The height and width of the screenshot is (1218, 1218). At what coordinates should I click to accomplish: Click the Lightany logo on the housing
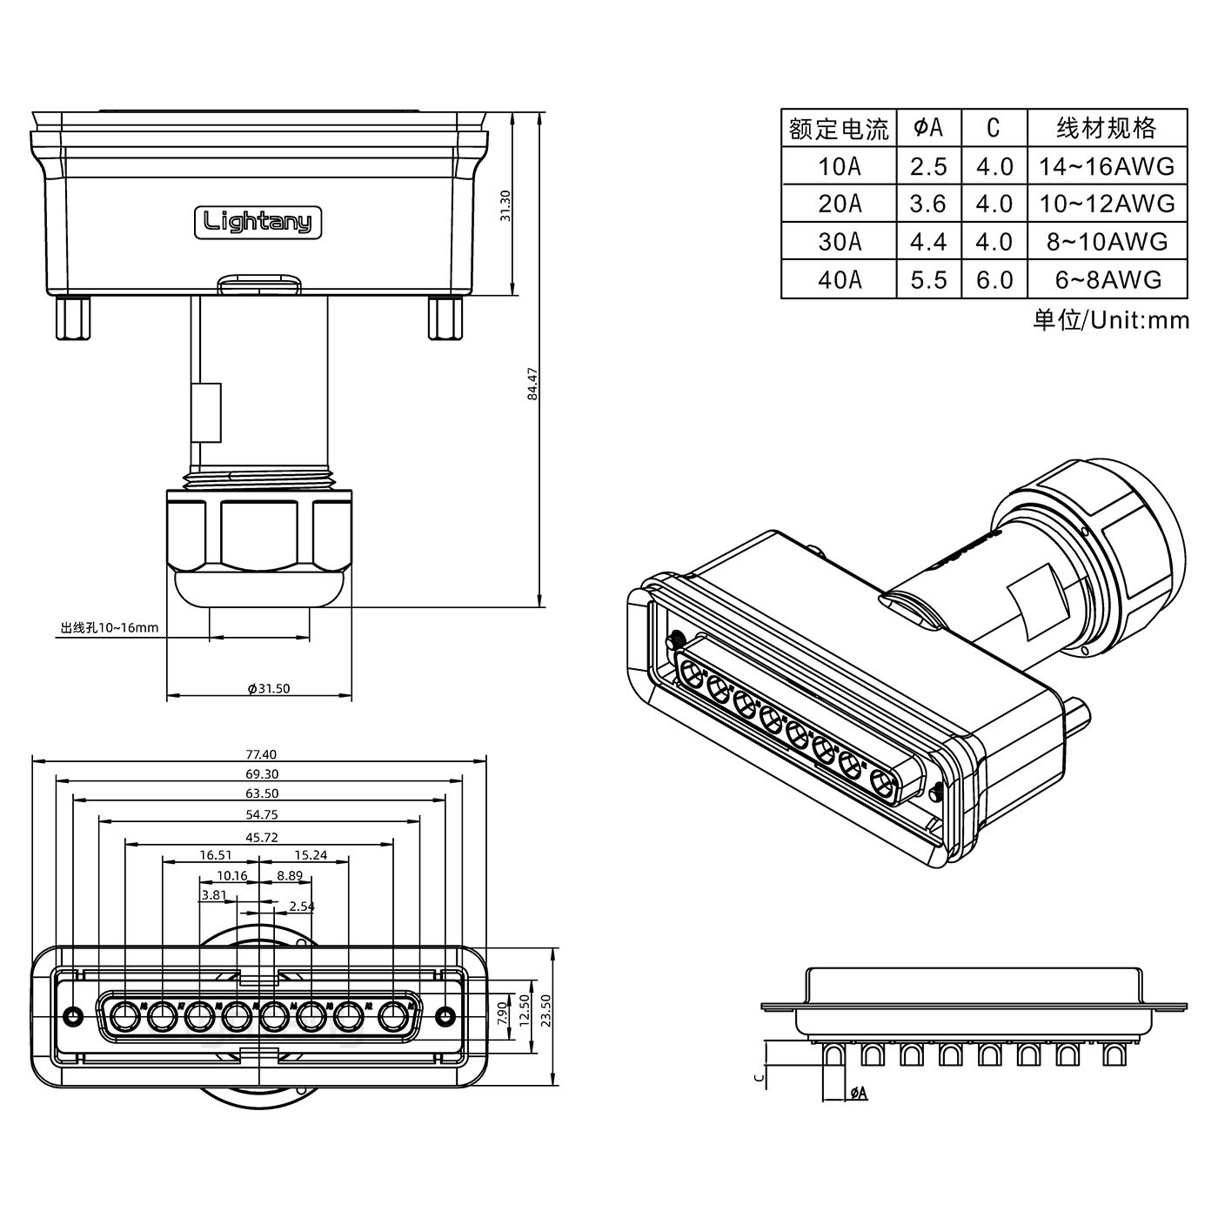(x=258, y=222)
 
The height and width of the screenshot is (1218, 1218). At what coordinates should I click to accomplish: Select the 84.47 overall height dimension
(x=533, y=384)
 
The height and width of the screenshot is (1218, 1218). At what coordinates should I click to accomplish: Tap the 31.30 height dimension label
(x=505, y=205)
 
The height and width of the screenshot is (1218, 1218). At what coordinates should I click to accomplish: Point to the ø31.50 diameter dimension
(x=268, y=688)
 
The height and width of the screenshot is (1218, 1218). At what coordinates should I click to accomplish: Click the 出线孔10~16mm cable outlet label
(x=110, y=627)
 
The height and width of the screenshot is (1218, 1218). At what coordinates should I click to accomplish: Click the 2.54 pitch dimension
(x=301, y=907)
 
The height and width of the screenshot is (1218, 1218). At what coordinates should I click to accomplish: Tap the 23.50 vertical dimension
(x=545, y=1012)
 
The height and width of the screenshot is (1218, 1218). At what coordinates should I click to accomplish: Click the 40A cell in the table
(x=839, y=279)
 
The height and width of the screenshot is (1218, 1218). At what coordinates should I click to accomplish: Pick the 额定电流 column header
(x=839, y=129)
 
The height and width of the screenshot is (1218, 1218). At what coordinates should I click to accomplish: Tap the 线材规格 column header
(x=1106, y=128)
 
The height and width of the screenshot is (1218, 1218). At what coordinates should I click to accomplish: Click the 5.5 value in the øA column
(x=927, y=279)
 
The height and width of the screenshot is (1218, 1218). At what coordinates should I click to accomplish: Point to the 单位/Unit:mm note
(x=1110, y=320)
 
